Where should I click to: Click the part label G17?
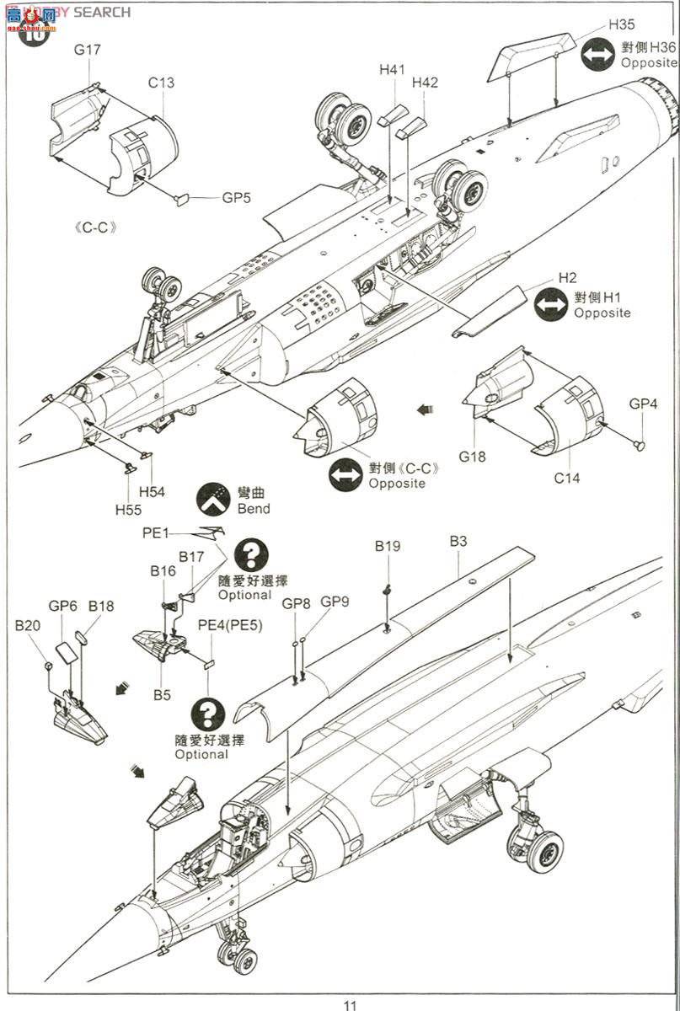point(87,50)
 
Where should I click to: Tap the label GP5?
point(237,199)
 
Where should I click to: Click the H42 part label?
point(426,83)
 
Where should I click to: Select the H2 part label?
point(567,279)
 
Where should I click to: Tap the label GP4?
point(644,404)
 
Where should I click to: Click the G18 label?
point(474,457)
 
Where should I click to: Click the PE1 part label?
point(156,532)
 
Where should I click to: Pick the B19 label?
point(388,546)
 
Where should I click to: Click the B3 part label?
point(458,541)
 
